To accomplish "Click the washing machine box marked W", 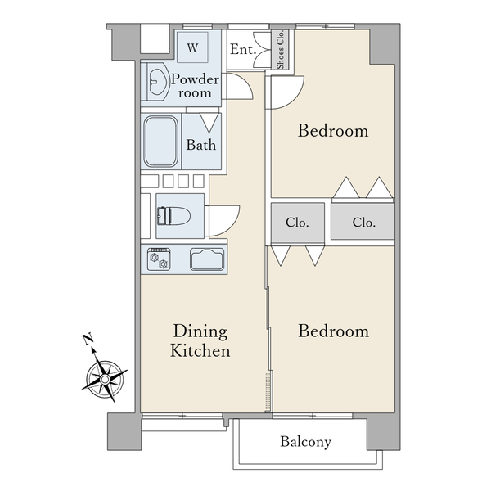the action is coord(192,47).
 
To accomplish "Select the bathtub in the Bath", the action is coord(161,142).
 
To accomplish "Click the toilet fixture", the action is coord(173,216).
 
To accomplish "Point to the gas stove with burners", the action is coord(159,259).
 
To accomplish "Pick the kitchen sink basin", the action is coord(207,259).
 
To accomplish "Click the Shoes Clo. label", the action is coord(280,49).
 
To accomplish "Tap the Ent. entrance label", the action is coord(243,49).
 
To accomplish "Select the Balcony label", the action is coord(305,442).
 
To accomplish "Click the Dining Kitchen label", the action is coord(200,340).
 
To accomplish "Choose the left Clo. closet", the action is coord(298,223).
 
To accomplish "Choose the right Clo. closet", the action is coord(363,222).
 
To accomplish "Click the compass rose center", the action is coord(105,380).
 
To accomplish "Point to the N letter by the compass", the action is coord(88,339).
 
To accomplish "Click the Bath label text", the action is coord(201,145).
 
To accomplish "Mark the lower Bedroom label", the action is coord(334,331).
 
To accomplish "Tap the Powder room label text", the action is coord(195,86).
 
